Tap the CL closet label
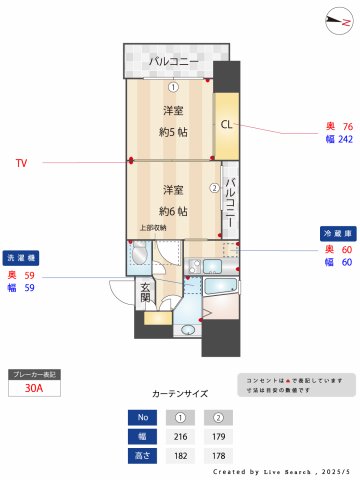(226, 125)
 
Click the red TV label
(21, 162)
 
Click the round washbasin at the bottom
(187, 328)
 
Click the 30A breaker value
(35, 390)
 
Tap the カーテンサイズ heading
(180, 394)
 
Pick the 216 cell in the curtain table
(181, 436)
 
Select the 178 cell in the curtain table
(218, 455)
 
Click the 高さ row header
(142, 455)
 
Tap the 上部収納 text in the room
(153, 227)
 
